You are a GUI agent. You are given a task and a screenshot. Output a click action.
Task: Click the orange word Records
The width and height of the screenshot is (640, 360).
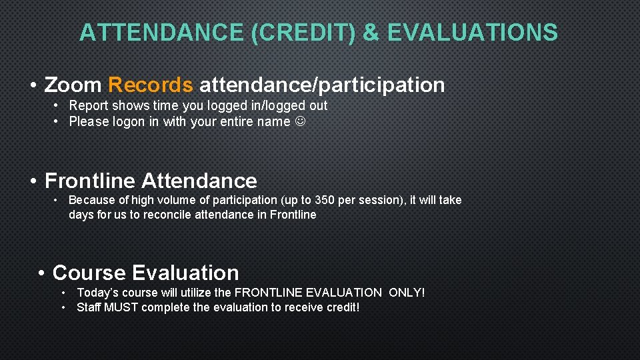tap(150, 85)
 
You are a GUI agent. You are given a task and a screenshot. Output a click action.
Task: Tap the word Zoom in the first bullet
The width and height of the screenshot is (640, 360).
tap(73, 85)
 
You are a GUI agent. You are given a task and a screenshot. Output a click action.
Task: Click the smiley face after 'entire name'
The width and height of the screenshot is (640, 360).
tap(300, 121)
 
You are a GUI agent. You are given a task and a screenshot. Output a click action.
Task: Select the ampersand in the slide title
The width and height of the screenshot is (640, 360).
tap(370, 32)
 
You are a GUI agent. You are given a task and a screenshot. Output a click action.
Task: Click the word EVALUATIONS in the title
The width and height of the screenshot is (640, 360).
tap(473, 32)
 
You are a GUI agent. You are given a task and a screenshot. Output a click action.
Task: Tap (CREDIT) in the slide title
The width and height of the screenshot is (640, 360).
tap(303, 32)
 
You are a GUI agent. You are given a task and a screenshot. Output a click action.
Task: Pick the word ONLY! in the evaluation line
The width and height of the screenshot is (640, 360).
tap(407, 293)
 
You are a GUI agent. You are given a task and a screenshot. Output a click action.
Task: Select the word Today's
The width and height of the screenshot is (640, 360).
tap(99, 293)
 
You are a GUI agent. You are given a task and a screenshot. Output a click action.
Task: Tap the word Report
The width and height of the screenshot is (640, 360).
tap(89, 105)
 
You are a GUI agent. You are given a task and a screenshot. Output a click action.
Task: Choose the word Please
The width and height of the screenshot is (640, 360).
tap(88, 121)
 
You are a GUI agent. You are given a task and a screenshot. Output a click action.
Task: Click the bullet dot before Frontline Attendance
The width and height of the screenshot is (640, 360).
tap(33, 181)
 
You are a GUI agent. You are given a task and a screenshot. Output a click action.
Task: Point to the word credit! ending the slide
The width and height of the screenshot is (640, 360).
tap(339, 307)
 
